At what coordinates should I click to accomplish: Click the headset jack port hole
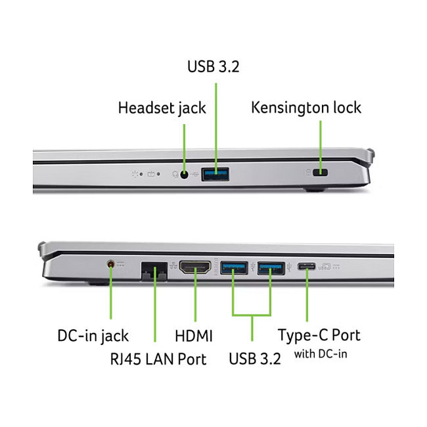point(185,175)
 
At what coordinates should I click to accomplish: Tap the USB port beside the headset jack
point(215,174)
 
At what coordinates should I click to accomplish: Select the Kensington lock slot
point(321,172)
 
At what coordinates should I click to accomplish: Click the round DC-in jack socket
point(110,264)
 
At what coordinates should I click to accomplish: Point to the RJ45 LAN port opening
point(154,271)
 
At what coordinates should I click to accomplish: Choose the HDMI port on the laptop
point(195,267)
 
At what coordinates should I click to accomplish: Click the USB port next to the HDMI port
point(234,267)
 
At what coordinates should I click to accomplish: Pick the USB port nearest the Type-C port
point(271,268)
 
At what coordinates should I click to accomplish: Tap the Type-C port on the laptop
point(307,266)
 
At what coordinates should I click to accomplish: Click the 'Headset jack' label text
point(162,108)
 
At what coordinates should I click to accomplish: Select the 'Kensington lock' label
point(306,107)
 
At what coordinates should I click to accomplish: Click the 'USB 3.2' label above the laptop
point(213,66)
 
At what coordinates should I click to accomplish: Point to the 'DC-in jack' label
point(93,336)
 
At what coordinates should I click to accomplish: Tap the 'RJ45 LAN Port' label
point(158,359)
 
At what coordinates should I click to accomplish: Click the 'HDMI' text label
point(194,336)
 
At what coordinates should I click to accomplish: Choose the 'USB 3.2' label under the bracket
point(255,359)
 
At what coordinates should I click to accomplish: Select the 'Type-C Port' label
point(319,335)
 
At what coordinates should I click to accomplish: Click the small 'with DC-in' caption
point(321,354)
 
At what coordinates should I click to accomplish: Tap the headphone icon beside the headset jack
point(175,174)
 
